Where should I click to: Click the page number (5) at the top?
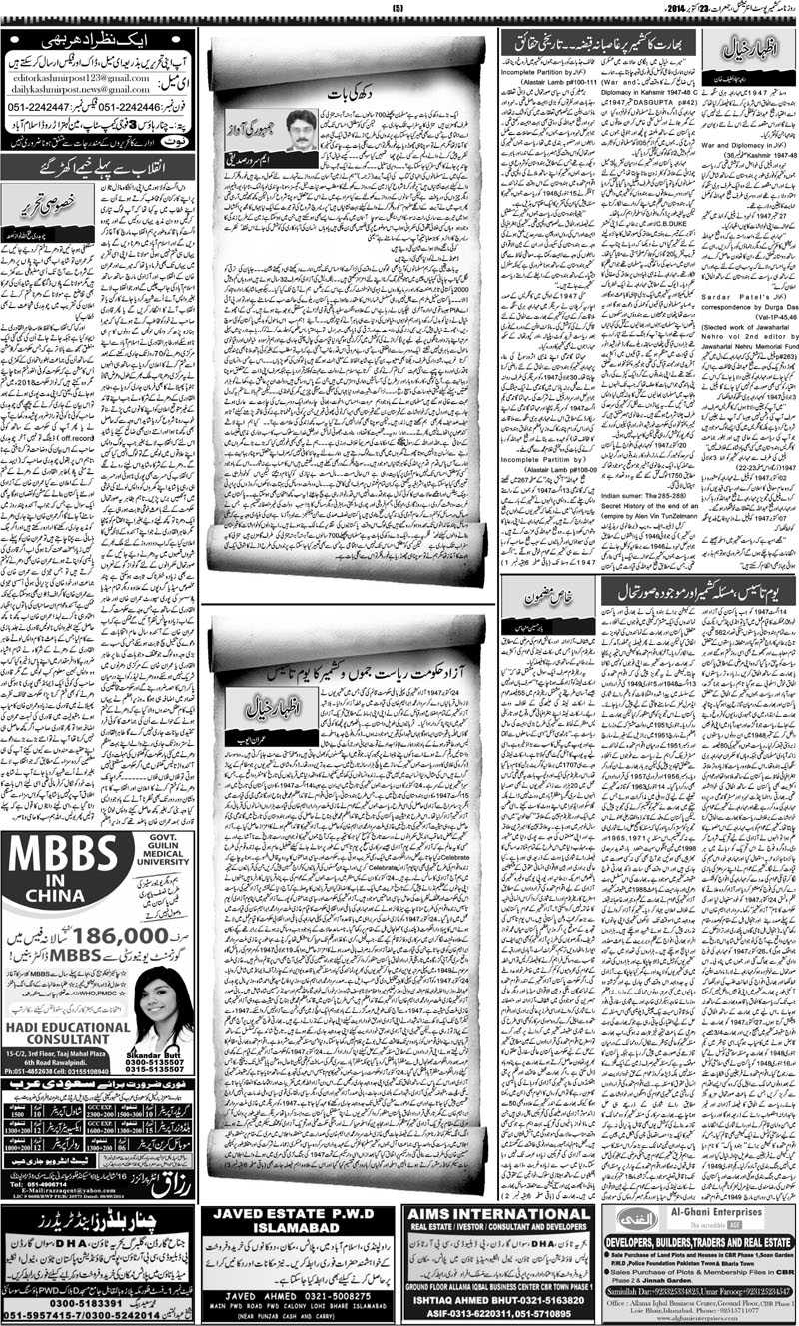(x=399, y=9)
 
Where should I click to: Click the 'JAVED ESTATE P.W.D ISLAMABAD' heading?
(x=298, y=1221)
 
